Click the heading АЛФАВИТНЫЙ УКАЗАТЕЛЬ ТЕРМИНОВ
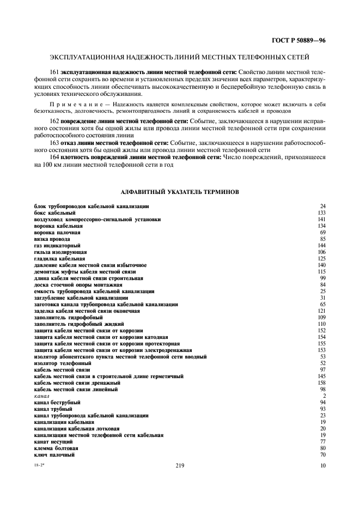click(179, 192)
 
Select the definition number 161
click(53, 71)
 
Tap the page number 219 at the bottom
click(180, 465)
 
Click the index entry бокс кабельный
click(51, 212)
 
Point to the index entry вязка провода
click(52, 239)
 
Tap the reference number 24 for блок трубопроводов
click(322, 206)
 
